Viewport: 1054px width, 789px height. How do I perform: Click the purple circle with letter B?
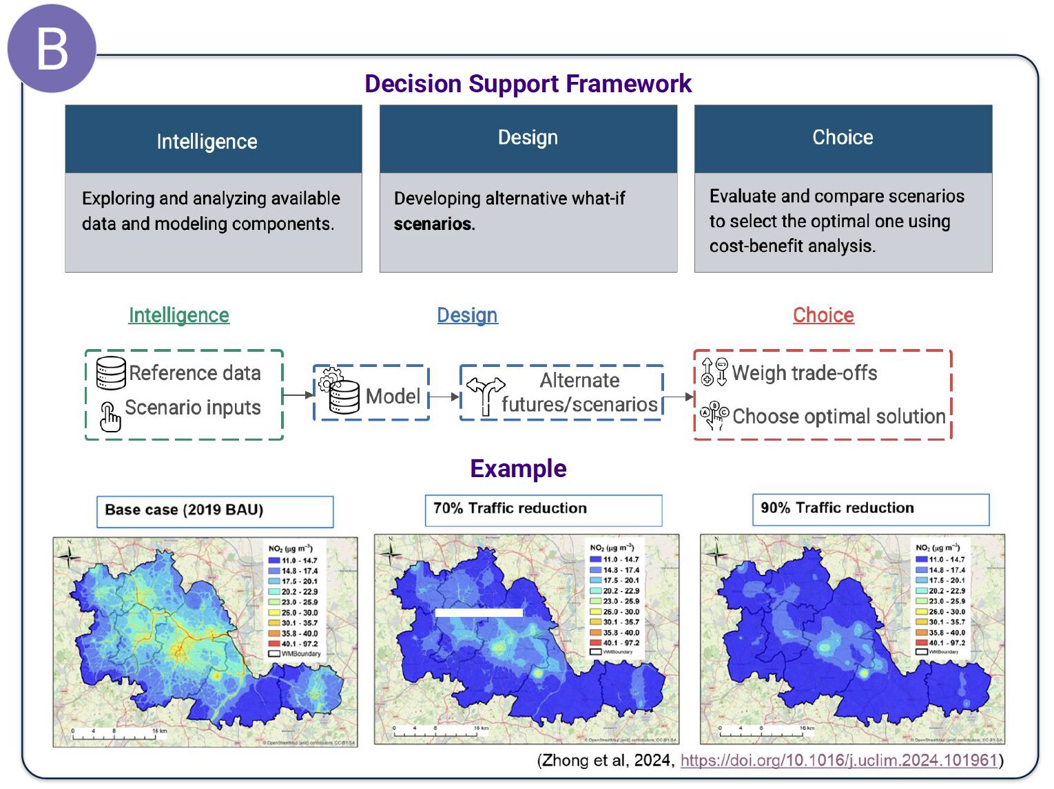(52, 49)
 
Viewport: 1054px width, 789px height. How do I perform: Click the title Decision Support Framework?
(528, 83)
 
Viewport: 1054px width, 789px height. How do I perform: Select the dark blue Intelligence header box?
(213, 139)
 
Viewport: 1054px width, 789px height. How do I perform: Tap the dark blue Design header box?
(528, 138)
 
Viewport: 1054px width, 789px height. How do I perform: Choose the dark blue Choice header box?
(843, 138)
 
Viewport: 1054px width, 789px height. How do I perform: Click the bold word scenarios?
(434, 224)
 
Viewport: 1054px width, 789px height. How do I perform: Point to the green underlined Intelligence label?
(179, 315)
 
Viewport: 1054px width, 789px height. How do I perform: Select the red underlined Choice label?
(823, 315)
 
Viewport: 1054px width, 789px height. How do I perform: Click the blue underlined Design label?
(467, 315)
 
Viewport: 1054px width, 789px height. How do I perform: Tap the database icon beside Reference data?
(111, 372)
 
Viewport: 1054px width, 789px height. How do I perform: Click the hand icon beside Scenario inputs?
(110, 417)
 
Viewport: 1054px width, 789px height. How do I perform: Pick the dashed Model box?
(371, 394)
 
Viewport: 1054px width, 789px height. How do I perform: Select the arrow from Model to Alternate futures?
(444, 397)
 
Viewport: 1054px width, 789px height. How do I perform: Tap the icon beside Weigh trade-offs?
(714, 372)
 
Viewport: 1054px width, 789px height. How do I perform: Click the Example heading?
(518, 469)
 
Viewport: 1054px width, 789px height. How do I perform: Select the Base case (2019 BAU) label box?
(214, 512)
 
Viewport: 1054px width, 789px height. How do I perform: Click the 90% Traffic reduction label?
(870, 509)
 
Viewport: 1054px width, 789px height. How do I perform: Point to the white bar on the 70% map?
(479, 612)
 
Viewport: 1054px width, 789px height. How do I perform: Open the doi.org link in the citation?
(839, 760)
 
